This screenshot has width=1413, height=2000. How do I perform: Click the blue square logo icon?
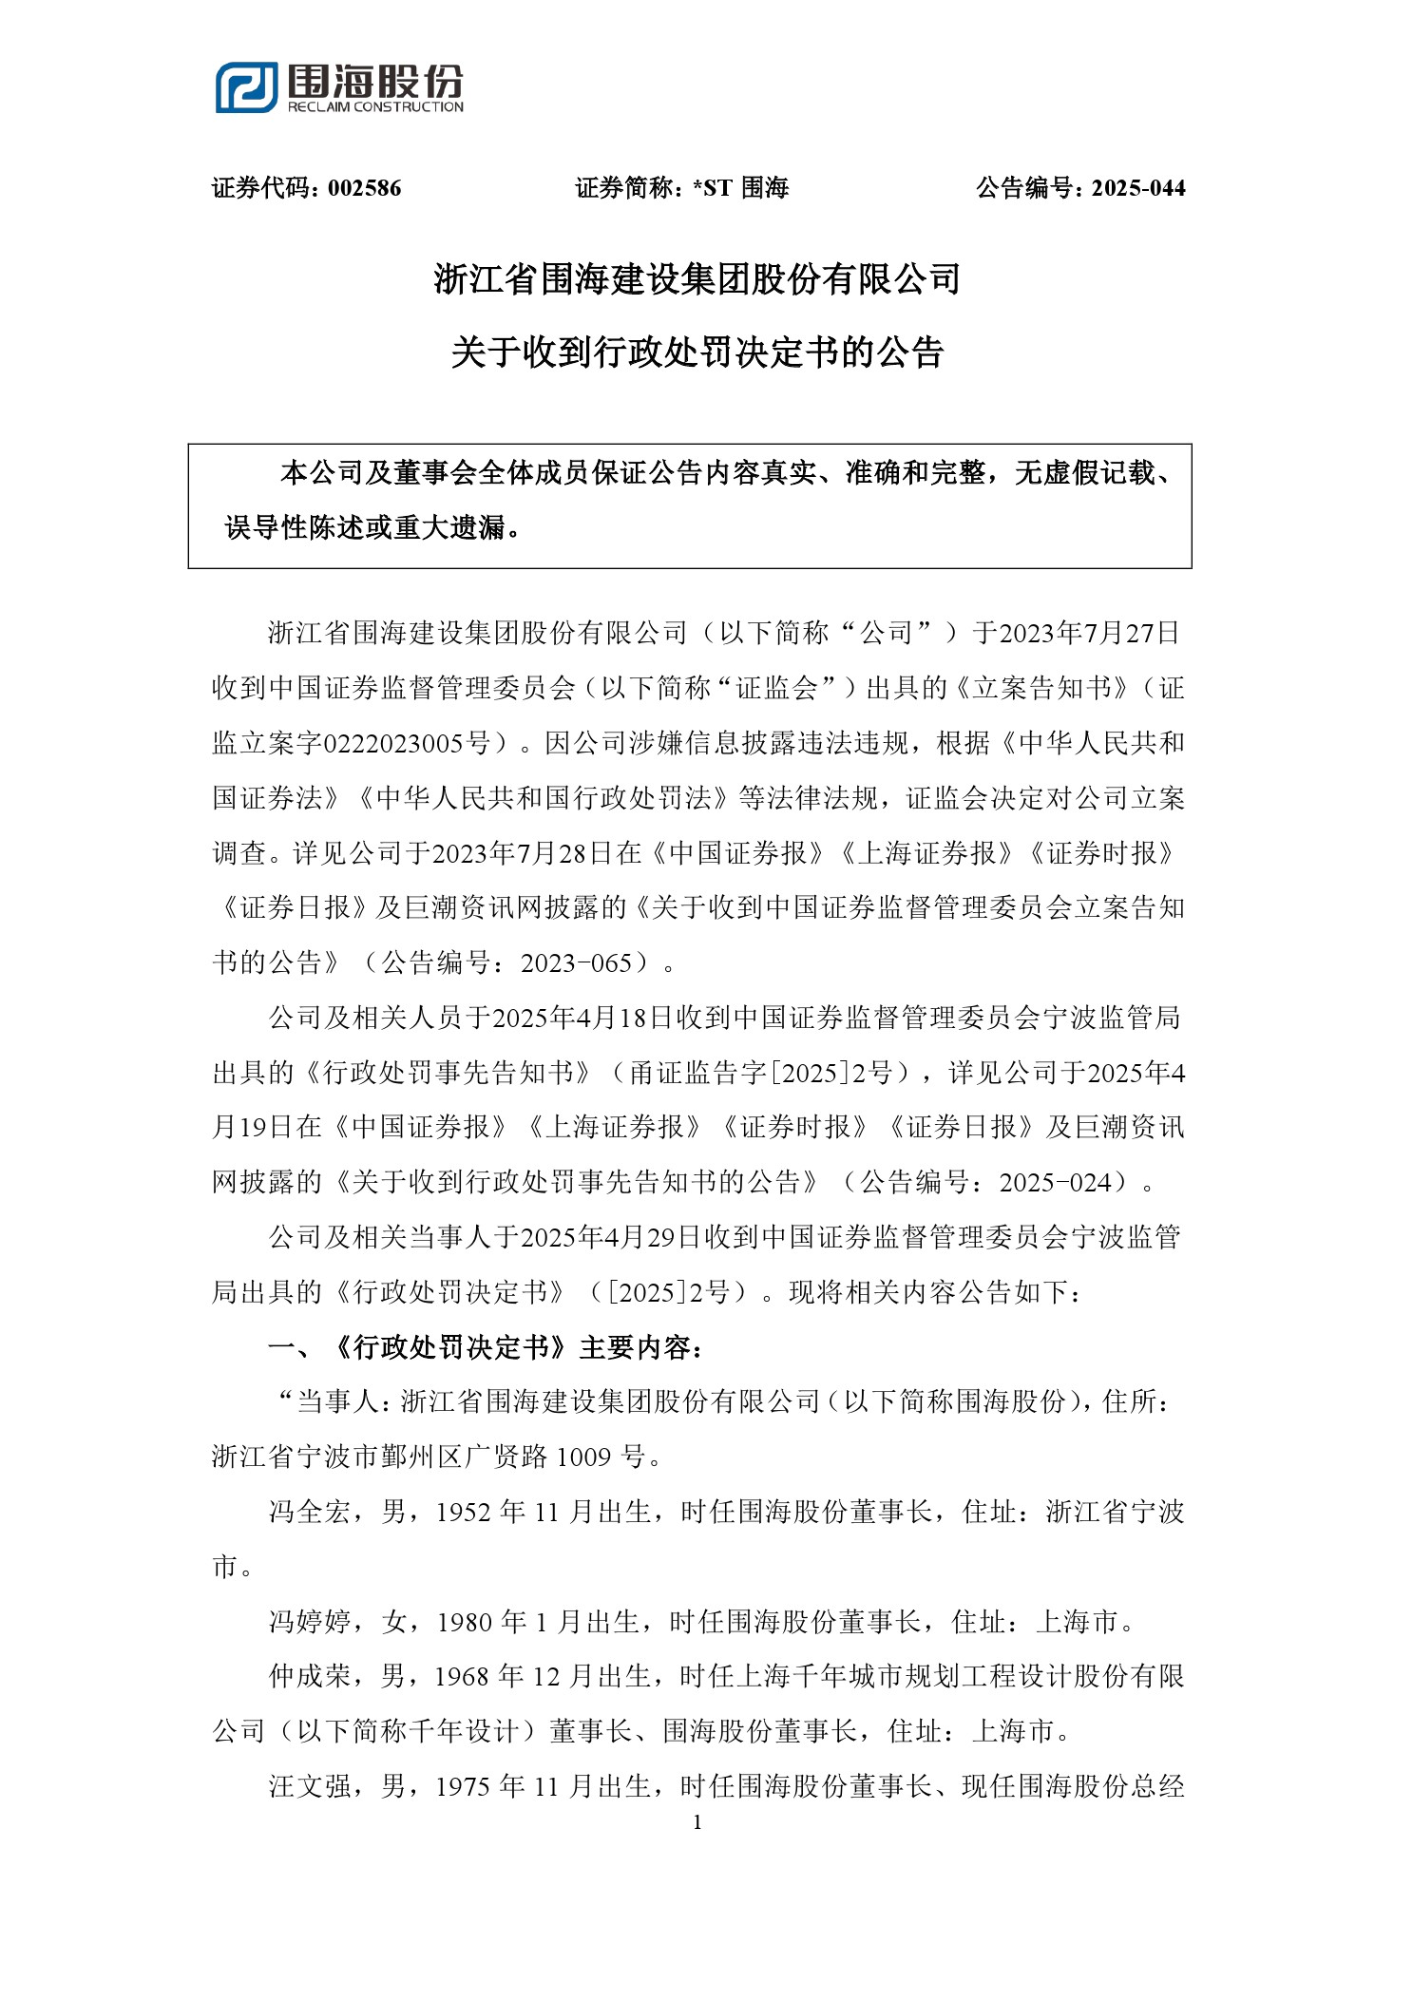coord(246,87)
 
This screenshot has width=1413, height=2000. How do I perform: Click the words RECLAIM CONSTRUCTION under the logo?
coord(375,107)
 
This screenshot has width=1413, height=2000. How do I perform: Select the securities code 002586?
coord(365,188)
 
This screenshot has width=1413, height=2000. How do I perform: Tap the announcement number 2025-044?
coord(1138,188)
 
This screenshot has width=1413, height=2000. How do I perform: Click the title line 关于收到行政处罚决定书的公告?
coord(697,352)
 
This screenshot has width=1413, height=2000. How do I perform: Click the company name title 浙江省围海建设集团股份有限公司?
coord(697,279)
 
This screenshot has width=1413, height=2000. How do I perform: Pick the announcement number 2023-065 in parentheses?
coord(576,963)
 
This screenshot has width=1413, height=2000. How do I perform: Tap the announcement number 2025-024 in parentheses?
coord(1055,1183)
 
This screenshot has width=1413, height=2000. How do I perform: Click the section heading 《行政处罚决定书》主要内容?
coord(517,1347)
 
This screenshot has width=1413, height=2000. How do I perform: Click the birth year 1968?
coord(462,1677)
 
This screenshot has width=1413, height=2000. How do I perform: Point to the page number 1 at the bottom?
coord(697,1822)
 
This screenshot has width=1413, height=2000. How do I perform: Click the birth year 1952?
coord(463,1512)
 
